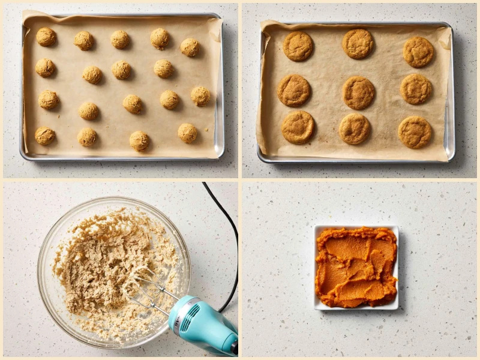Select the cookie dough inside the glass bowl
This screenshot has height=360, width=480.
(102, 258)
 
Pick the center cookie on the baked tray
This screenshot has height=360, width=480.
(358, 92)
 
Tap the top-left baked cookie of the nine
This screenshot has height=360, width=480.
(298, 46)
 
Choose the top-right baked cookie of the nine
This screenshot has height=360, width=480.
(418, 52)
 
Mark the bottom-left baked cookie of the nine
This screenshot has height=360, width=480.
(298, 127)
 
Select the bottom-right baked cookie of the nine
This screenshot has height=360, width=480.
(415, 132)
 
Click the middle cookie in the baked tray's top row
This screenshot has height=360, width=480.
(358, 43)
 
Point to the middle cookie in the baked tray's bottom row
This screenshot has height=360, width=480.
(355, 128)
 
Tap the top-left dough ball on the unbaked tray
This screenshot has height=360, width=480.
(46, 37)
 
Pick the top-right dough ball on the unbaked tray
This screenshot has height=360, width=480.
(190, 47)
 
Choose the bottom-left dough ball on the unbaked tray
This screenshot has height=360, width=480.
(44, 135)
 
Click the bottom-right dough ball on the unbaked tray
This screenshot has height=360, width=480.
(187, 133)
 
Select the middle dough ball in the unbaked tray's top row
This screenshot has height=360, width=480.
(120, 39)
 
